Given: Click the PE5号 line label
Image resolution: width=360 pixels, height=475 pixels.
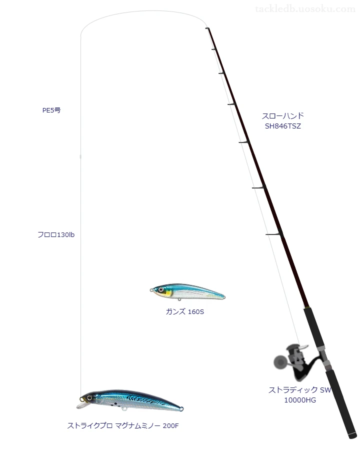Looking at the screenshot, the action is click(51, 110).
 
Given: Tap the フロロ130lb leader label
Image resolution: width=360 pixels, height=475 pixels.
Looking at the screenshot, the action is click(56, 235).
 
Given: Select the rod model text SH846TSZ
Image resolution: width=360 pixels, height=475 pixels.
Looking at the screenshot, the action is click(283, 126).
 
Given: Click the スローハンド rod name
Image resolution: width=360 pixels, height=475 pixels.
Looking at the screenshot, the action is click(282, 115).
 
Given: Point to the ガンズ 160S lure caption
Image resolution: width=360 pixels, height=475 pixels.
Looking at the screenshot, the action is click(185, 311).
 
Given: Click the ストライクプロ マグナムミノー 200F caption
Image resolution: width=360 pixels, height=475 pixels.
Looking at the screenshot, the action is click(123, 426).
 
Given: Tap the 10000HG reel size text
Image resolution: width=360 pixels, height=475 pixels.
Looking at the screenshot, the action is click(300, 400).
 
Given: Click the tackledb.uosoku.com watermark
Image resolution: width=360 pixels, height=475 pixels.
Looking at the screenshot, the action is click(305, 9).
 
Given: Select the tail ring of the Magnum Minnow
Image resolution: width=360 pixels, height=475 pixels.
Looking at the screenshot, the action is click(181, 409).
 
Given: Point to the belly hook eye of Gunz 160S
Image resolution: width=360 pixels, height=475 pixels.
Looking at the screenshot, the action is click(179, 299).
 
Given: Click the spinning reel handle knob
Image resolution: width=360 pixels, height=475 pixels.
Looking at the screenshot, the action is click(280, 361).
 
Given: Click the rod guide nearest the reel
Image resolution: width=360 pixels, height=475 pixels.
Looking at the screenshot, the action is click(274, 234).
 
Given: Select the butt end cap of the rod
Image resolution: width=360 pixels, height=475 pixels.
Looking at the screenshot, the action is click(352, 436).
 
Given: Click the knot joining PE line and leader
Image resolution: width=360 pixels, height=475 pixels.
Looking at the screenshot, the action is click(80, 157).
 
